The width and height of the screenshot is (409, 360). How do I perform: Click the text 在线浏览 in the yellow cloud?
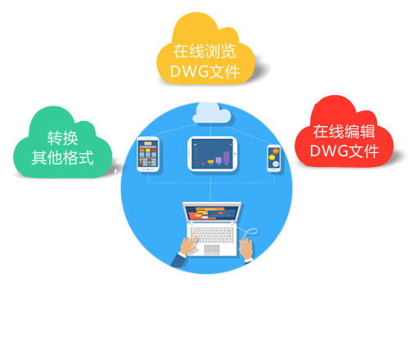tap(204, 49)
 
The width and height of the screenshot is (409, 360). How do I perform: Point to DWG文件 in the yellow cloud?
tap(204, 72)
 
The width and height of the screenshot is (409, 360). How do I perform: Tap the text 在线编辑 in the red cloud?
tap(344, 131)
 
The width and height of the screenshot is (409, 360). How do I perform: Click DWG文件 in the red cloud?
tap(344, 151)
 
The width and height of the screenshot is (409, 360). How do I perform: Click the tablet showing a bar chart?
tap(211, 154)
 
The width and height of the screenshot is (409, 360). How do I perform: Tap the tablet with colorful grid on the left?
tap(147, 155)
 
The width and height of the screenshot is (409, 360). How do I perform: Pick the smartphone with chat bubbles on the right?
tap(275, 158)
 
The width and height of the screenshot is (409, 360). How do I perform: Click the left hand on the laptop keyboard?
tap(186, 247)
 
